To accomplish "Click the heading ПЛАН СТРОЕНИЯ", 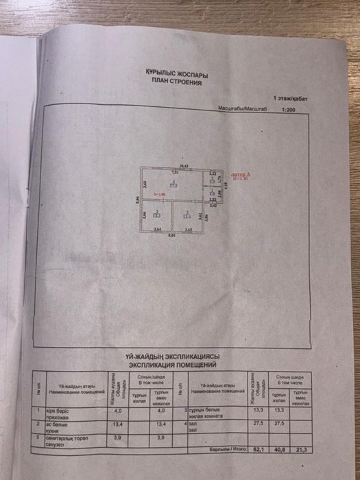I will coord(178,81).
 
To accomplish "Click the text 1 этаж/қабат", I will coord(291,99).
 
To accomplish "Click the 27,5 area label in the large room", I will coord(175,184).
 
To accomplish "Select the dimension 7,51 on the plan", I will coord(175,172).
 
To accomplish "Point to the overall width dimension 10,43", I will coord(184,165).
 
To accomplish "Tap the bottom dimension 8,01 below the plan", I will coord(174,236).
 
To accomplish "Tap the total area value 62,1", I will coord(258,449).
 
